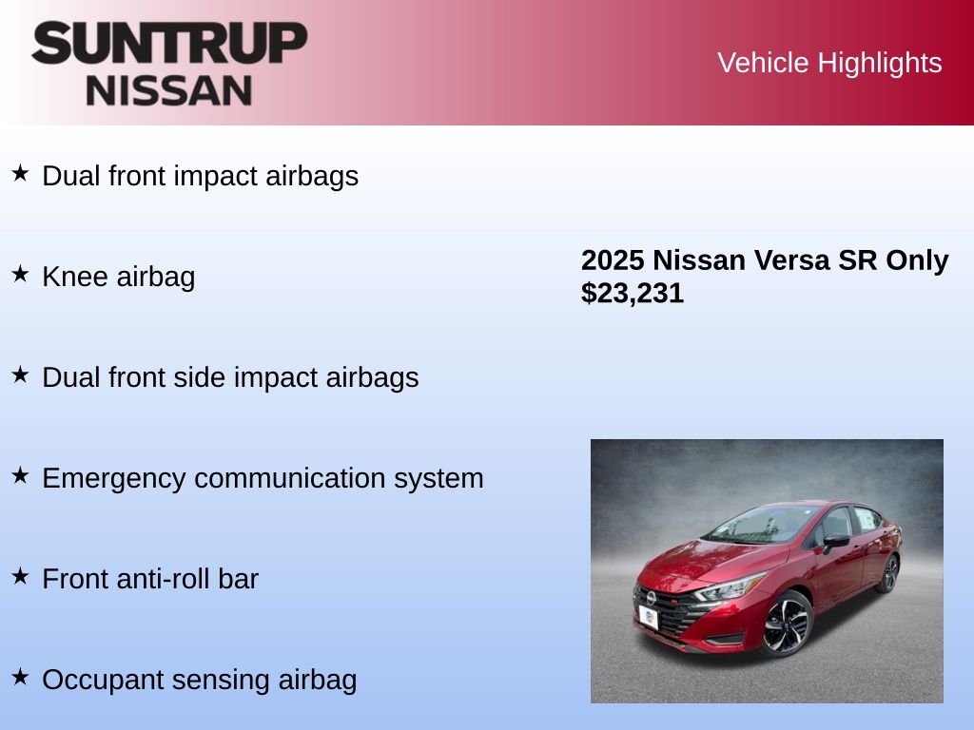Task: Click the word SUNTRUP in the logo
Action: point(169,43)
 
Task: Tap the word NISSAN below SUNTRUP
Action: point(169,91)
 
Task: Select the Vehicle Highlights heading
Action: point(829,63)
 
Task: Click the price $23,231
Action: point(633,293)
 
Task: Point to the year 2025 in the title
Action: point(613,260)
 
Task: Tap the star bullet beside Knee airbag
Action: point(20,274)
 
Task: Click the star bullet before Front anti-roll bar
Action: point(20,576)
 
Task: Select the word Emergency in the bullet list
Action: point(114,479)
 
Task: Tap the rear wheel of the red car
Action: point(890,573)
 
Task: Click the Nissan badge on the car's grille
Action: point(651,598)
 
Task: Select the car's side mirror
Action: point(835,541)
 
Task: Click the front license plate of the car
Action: point(648,618)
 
